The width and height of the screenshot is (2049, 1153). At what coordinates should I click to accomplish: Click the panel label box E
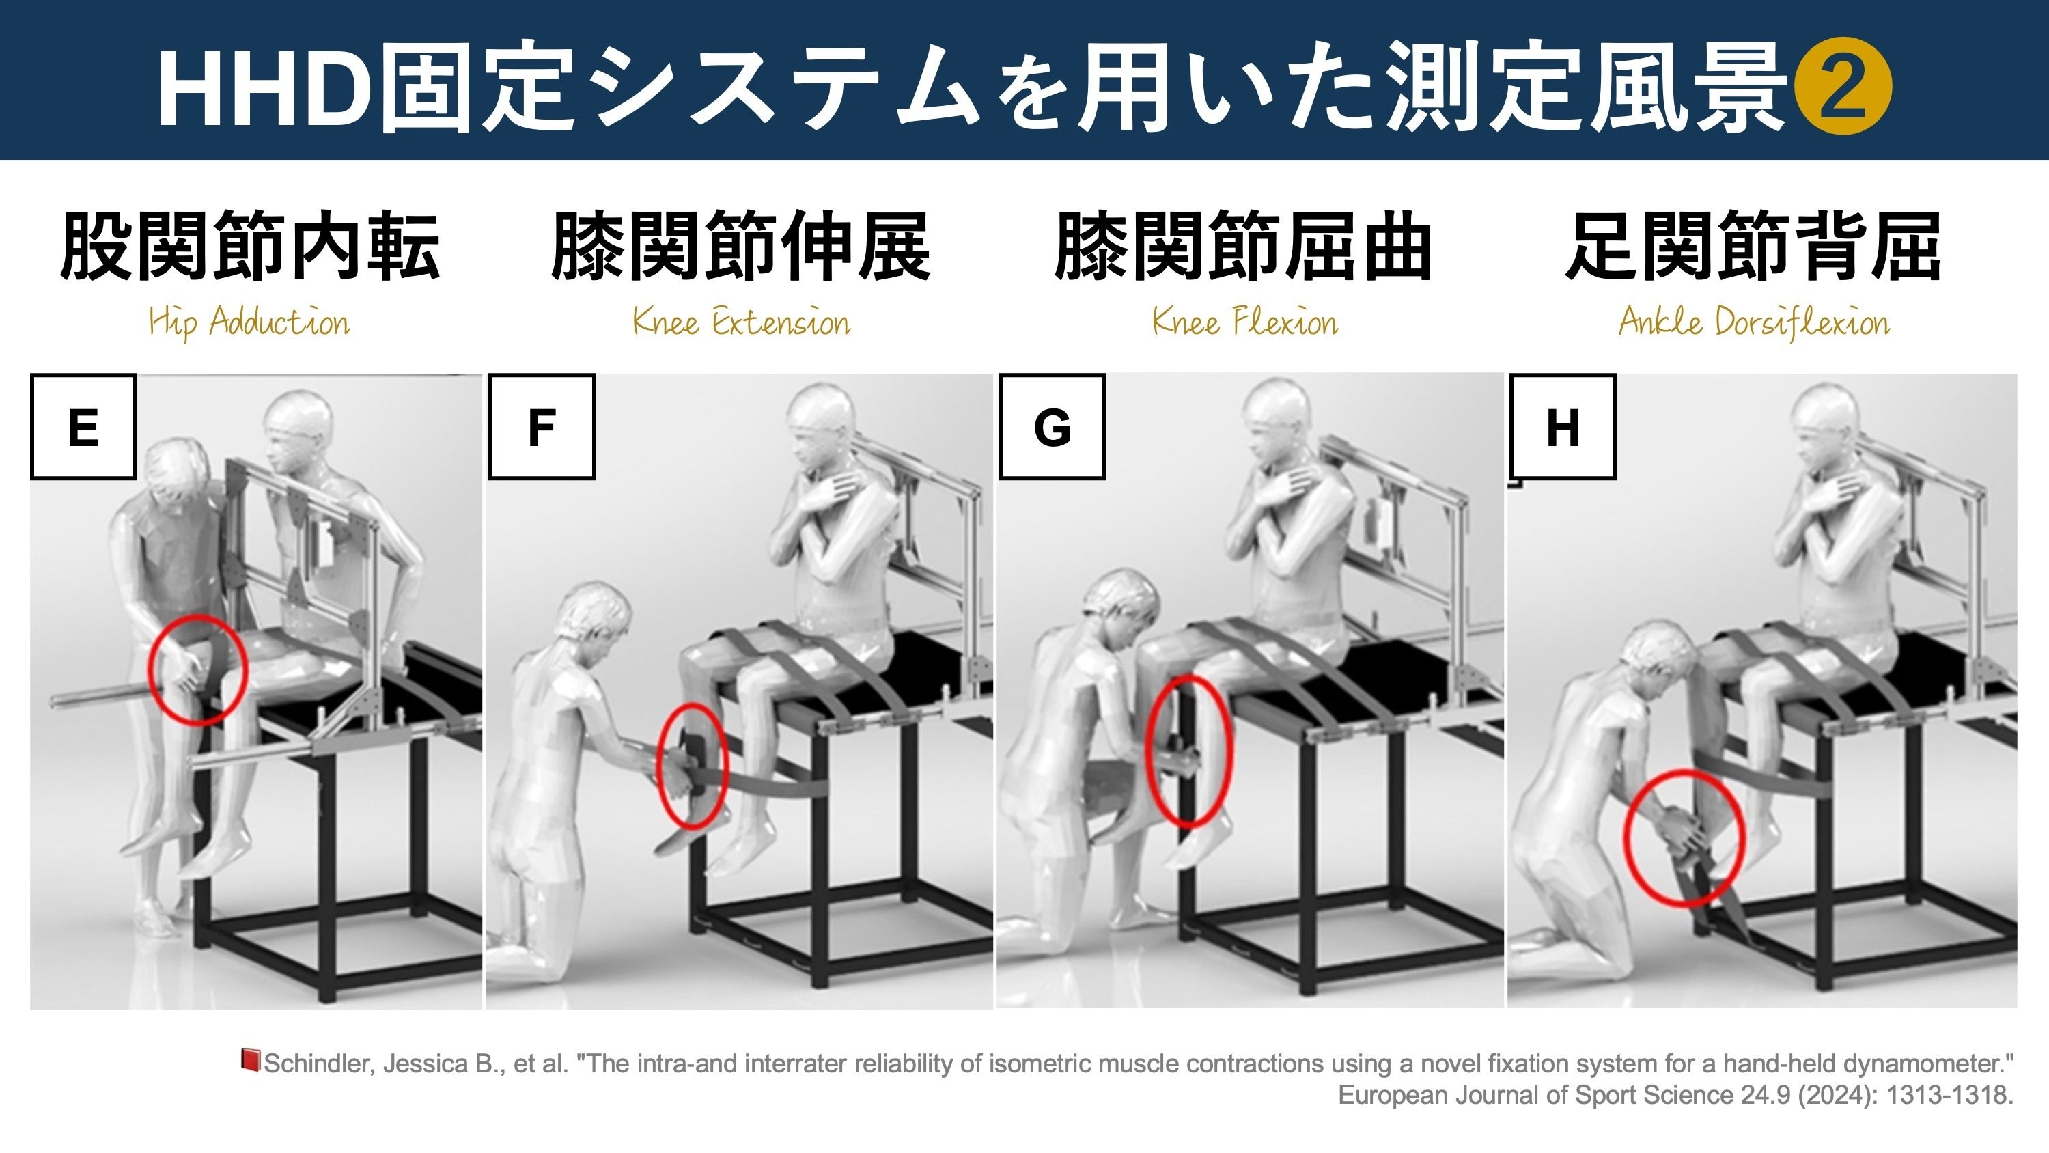point(83,426)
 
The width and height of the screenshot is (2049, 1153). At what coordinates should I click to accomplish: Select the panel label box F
point(542,426)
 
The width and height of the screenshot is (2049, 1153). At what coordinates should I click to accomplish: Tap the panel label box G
point(1053,426)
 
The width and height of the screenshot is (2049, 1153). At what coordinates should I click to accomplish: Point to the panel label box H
point(1562,426)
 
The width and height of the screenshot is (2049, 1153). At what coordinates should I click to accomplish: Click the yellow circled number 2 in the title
point(1846,88)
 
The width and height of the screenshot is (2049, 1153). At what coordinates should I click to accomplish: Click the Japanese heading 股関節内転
point(250,246)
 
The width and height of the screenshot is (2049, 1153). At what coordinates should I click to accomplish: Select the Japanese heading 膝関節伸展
point(740,246)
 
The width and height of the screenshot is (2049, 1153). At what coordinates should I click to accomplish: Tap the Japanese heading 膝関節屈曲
point(1243,246)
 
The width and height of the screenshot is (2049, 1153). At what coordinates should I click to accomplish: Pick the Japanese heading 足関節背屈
point(1753,246)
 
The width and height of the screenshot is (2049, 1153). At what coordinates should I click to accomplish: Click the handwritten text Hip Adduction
point(249,323)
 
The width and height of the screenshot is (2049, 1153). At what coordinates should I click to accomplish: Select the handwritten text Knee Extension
point(741,323)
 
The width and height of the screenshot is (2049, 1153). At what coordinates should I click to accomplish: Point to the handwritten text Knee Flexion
point(1245,323)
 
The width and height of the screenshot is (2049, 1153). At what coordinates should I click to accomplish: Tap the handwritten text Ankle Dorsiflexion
point(1754,323)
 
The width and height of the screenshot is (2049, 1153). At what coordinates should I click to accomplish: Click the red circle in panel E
point(198,670)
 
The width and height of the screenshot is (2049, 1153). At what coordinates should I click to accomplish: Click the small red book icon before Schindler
point(251,1060)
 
